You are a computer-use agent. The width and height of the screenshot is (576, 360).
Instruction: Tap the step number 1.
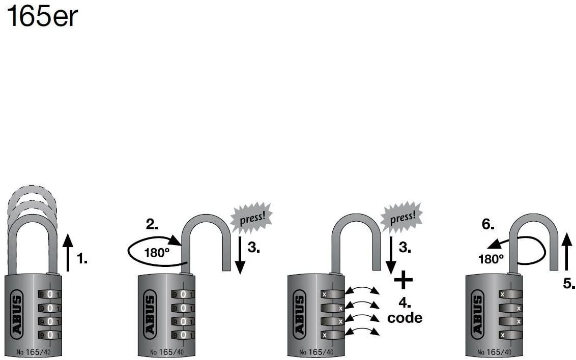click(x=82, y=259)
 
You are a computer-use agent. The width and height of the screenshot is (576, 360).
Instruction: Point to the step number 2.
click(x=152, y=224)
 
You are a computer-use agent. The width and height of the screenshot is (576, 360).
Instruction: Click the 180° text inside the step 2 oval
click(x=157, y=253)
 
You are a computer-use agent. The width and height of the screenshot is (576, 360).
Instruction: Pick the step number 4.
click(x=405, y=303)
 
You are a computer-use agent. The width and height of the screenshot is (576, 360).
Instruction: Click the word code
click(x=405, y=318)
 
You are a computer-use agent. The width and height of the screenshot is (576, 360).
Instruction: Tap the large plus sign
click(x=404, y=280)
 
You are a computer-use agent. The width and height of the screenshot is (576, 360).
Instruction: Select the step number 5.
click(x=569, y=283)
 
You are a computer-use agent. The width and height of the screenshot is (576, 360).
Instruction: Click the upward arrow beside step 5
click(x=567, y=251)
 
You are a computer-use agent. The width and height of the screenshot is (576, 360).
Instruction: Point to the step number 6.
click(x=488, y=224)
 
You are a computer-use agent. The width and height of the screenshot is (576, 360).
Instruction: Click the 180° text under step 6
click(x=491, y=259)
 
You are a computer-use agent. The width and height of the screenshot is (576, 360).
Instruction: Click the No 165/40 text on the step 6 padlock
click(x=494, y=352)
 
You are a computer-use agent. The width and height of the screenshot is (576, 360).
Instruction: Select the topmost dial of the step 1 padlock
click(x=49, y=294)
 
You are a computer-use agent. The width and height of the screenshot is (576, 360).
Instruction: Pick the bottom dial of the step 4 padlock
click(x=332, y=335)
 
